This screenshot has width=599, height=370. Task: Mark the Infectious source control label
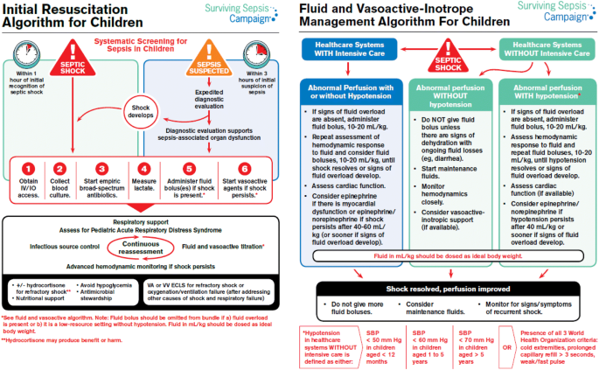(x=64, y=234)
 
